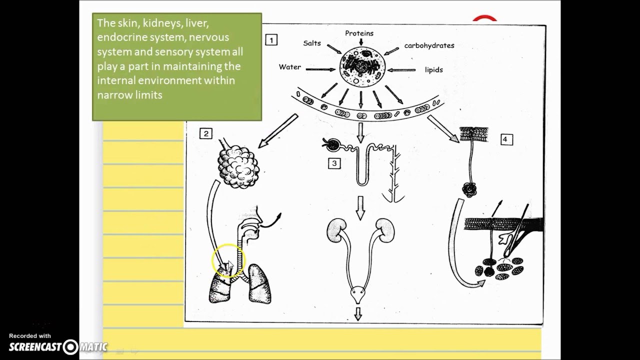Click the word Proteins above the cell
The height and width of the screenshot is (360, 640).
[x=359, y=33]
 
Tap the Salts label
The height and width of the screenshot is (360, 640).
[x=312, y=43]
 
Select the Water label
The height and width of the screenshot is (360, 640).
[x=290, y=67]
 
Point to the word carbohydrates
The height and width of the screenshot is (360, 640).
[x=429, y=45]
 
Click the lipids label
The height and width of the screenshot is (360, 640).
[x=433, y=70]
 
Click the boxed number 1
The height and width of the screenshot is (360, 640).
[x=271, y=40]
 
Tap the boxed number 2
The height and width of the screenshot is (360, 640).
[x=205, y=133]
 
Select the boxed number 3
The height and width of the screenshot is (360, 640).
[x=334, y=163]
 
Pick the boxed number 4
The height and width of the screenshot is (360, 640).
[x=505, y=139]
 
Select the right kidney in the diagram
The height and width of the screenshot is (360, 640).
[x=385, y=230]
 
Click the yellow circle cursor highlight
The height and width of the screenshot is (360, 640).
[x=227, y=260]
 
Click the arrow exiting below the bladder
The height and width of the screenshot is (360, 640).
[x=358, y=313]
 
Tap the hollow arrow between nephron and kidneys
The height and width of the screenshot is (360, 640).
[x=359, y=207]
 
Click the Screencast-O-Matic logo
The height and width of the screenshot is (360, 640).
[x=58, y=346]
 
